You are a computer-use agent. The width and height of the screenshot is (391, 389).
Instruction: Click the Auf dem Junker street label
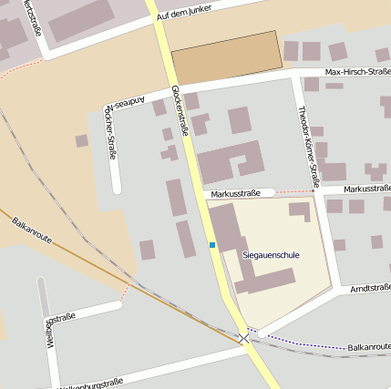click(190, 15)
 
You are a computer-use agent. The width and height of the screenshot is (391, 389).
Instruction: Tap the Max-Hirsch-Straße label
click(358, 71)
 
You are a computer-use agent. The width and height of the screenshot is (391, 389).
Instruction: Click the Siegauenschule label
click(271, 254)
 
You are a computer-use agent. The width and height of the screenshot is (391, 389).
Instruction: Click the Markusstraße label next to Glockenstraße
click(235, 193)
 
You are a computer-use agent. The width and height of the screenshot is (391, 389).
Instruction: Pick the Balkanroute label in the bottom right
click(368, 347)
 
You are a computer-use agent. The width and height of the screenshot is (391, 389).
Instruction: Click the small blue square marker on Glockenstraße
click(212, 245)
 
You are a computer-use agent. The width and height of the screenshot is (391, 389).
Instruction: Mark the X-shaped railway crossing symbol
click(243, 339)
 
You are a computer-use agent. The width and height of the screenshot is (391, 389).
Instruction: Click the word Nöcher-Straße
click(113, 136)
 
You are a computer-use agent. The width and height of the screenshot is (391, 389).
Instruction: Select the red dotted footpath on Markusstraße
click(293, 192)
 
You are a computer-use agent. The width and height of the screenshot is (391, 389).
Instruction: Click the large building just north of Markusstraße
click(228, 164)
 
